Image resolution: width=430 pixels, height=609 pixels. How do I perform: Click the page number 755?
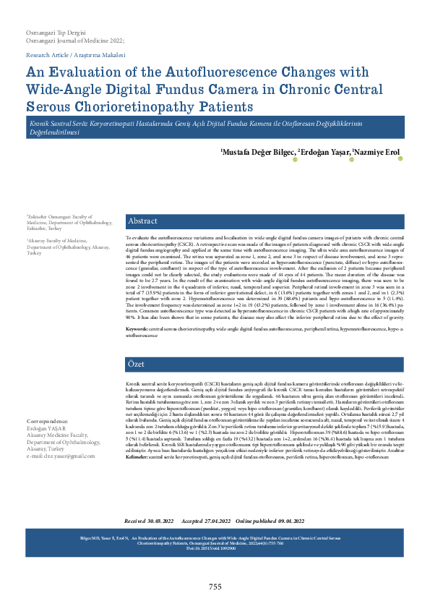click(x=215, y=586)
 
